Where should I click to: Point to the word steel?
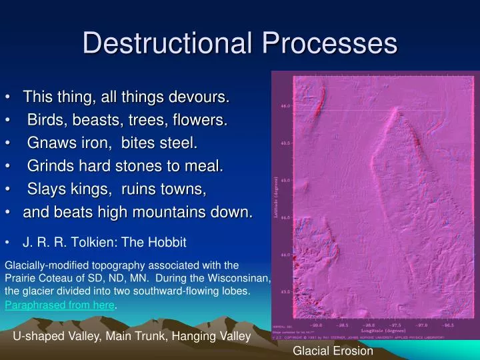click(177, 143)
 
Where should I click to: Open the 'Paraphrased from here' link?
click(60, 305)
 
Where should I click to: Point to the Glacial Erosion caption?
click(333, 351)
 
